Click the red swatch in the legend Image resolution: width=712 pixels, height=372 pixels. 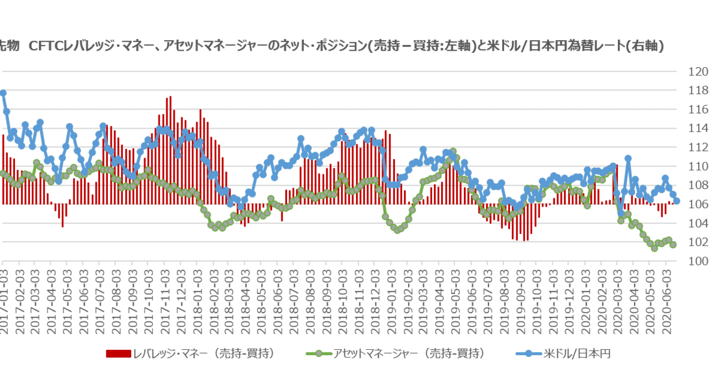118,353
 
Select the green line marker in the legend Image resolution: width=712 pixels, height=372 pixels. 318,353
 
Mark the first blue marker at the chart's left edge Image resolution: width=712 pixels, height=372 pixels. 3,93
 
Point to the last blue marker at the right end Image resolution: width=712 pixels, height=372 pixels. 677,202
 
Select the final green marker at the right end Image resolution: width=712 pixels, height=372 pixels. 674,244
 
